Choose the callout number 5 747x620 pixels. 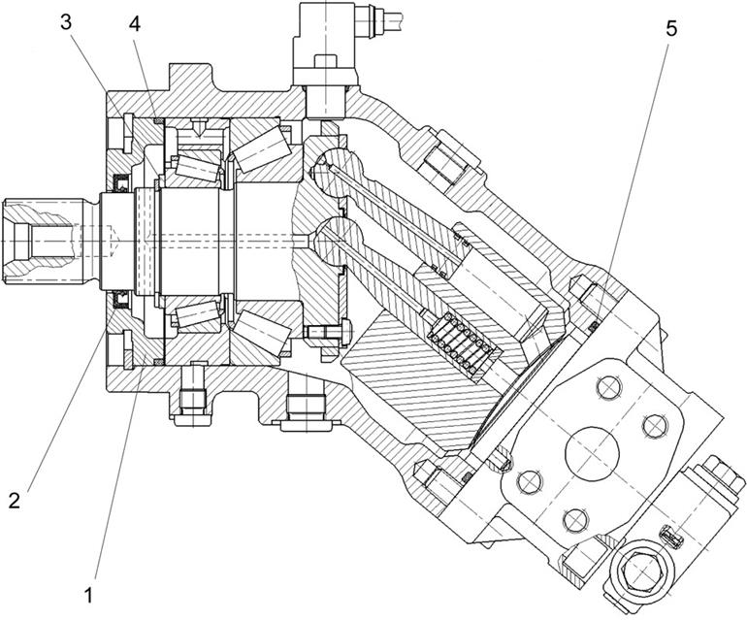click(670, 27)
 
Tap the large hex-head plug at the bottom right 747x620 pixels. click(642, 572)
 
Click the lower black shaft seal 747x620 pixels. click(122, 295)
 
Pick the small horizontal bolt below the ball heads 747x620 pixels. click(325, 333)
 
